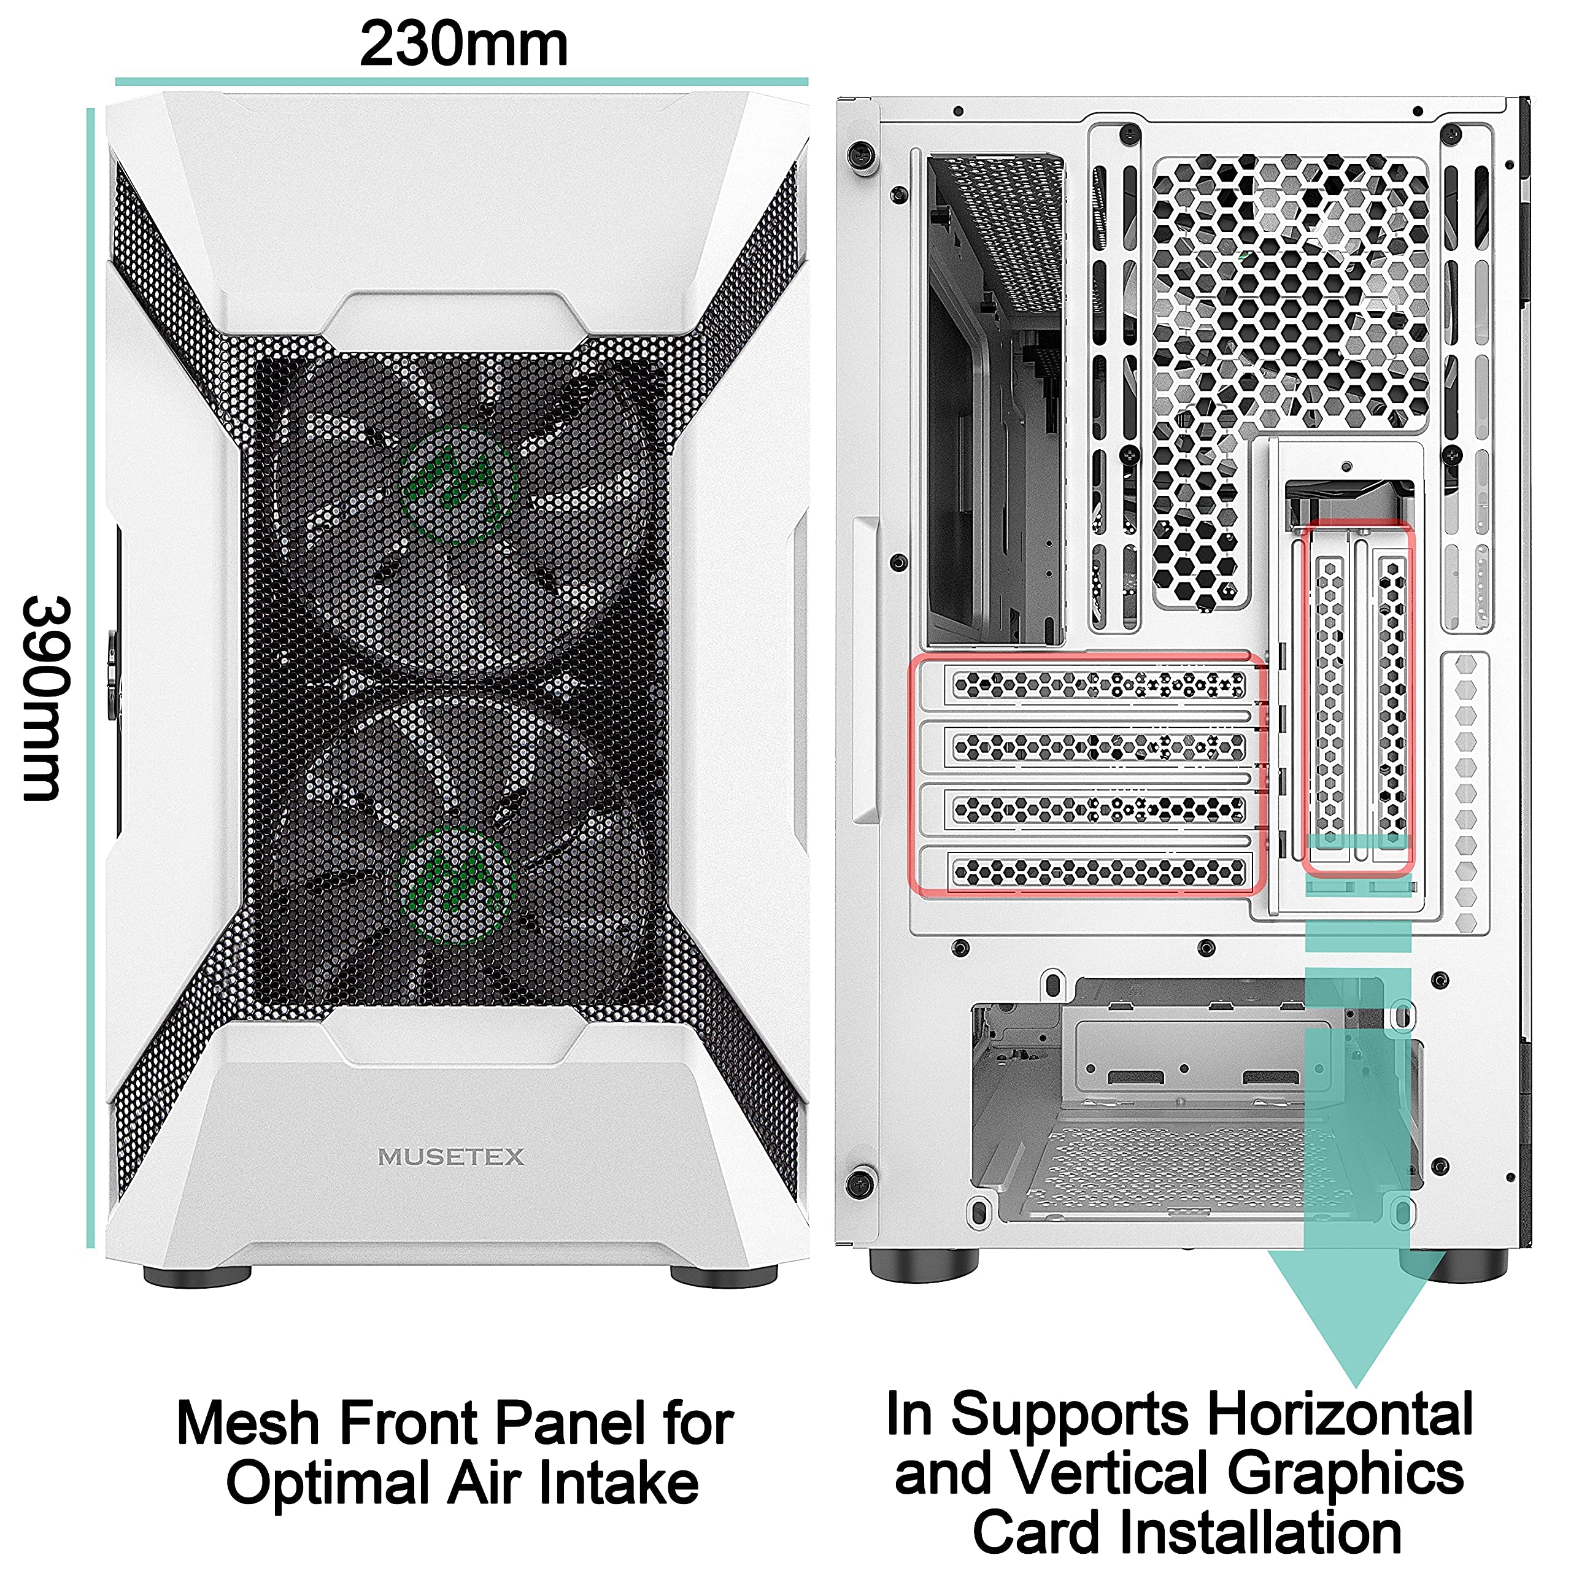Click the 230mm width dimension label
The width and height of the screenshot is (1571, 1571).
click(463, 45)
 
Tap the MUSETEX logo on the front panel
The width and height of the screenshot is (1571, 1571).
click(451, 1156)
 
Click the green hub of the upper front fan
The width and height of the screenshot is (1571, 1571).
click(460, 483)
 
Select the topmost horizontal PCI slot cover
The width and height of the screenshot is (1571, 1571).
click(1098, 685)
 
